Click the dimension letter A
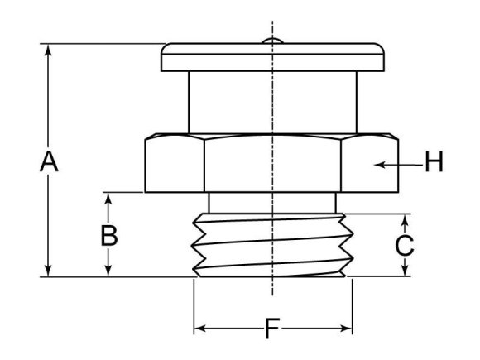(50, 162)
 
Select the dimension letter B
(108, 236)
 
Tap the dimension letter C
(404, 245)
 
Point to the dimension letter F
(271, 330)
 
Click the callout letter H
(434, 163)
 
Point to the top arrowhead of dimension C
(404, 219)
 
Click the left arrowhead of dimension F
(199, 330)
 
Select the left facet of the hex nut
(174, 164)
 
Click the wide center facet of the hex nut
(272, 164)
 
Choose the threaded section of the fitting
(272, 245)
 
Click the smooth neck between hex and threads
(272, 202)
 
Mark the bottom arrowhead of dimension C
(404, 271)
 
